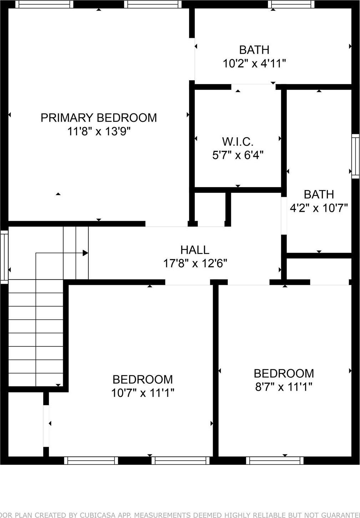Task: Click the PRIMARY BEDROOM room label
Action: (x=98, y=118)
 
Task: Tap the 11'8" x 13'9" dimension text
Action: (x=99, y=132)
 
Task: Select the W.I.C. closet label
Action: (x=238, y=142)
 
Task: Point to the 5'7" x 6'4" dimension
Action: (x=238, y=155)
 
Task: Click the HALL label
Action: (x=194, y=250)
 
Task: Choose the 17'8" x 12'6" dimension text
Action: (x=195, y=263)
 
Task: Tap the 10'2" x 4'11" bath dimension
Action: (x=254, y=63)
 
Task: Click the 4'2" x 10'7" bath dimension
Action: (x=318, y=208)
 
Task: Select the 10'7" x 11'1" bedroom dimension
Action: (x=142, y=393)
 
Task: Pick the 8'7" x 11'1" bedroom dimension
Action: (x=284, y=386)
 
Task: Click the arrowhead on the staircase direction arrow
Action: (x=86, y=253)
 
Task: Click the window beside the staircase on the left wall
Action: (x=4, y=257)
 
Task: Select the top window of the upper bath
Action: (x=291, y=4)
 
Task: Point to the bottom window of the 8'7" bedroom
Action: (x=275, y=461)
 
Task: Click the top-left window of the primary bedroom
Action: (x=45, y=4)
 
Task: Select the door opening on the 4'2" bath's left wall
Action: (x=284, y=216)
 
